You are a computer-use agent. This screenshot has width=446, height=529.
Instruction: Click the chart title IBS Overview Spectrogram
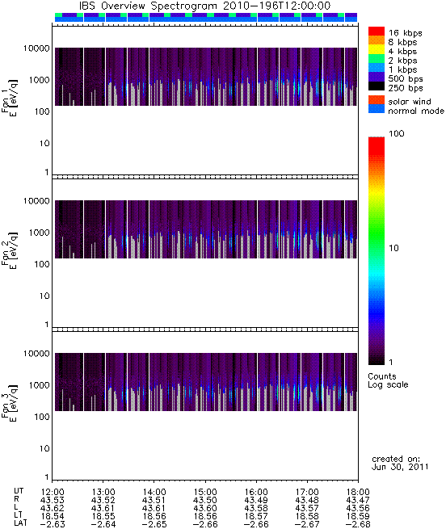(148, 6)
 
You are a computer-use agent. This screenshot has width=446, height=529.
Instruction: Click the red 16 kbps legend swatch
(377, 31)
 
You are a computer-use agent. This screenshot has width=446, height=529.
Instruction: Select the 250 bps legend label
(405, 88)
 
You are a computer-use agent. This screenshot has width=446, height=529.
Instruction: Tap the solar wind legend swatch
(377, 100)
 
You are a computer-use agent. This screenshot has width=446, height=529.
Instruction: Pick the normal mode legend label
(416, 111)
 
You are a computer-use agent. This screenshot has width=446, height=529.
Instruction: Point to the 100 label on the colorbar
(397, 133)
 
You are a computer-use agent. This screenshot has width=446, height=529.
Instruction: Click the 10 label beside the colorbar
(393, 248)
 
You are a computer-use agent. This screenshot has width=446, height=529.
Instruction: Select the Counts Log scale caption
(388, 380)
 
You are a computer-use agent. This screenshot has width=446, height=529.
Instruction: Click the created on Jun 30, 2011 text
(400, 463)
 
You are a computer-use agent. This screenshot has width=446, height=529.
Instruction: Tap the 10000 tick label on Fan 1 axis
(36, 48)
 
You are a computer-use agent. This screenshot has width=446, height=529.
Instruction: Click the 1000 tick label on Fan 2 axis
(39, 233)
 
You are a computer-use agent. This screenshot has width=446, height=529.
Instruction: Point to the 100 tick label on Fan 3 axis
(42, 417)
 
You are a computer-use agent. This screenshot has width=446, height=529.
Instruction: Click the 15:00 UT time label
(205, 492)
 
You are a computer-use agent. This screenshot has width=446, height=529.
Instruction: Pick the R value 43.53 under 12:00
(52, 500)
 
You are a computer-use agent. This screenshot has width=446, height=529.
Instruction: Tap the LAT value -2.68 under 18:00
(358, 524)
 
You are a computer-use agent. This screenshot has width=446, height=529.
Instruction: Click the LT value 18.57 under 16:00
(256, 516)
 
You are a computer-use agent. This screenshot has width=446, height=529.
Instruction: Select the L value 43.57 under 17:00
(307, 508)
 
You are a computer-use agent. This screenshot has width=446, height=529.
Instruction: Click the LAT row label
(20, 523)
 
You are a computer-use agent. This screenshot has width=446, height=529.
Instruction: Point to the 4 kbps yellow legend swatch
(377, 50)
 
